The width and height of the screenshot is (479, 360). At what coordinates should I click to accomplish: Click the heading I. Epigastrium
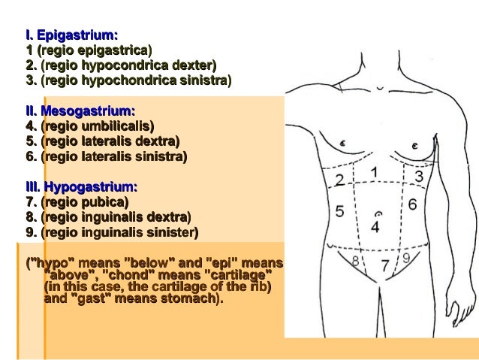[x=71, y=35]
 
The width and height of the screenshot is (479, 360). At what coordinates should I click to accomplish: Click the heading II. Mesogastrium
[x=80, y=111]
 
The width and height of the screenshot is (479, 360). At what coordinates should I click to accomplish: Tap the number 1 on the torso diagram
[x=374, y=173]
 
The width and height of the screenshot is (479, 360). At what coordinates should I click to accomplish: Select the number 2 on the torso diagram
[x=339, y=180]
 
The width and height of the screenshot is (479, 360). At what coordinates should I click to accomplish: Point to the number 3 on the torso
[x=419, y=176]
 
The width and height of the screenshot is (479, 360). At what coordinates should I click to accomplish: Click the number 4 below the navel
[x=375, y=225]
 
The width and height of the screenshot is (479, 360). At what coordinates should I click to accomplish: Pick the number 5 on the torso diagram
[x=339, y=211]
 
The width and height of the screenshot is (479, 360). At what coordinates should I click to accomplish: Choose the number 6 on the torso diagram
[x=412, y=204]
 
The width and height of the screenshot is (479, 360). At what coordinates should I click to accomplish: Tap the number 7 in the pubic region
[x=384, y=265]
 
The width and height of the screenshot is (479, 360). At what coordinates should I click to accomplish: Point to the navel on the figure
[x=378, y=213]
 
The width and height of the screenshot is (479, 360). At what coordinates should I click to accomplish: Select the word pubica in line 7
[x=105, y=202]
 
